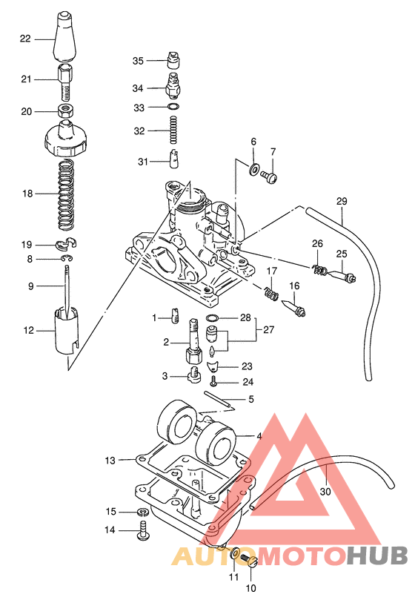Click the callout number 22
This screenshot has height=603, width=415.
[x=25, y=39]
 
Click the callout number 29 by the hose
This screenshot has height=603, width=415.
[x=341, y=201]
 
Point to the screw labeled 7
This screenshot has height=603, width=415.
[x=270, y=177]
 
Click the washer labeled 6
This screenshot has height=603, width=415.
[x=254, y=170]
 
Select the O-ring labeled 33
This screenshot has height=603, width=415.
[x=173, y=108]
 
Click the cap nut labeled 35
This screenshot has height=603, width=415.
[x=173, y=60]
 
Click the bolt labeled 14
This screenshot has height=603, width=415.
[x=142, y=530]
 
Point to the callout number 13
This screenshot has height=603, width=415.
[x=110, y=461]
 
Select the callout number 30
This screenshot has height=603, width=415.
[x=325, y=491]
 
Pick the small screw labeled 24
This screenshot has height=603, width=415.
[x=214, y=382]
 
